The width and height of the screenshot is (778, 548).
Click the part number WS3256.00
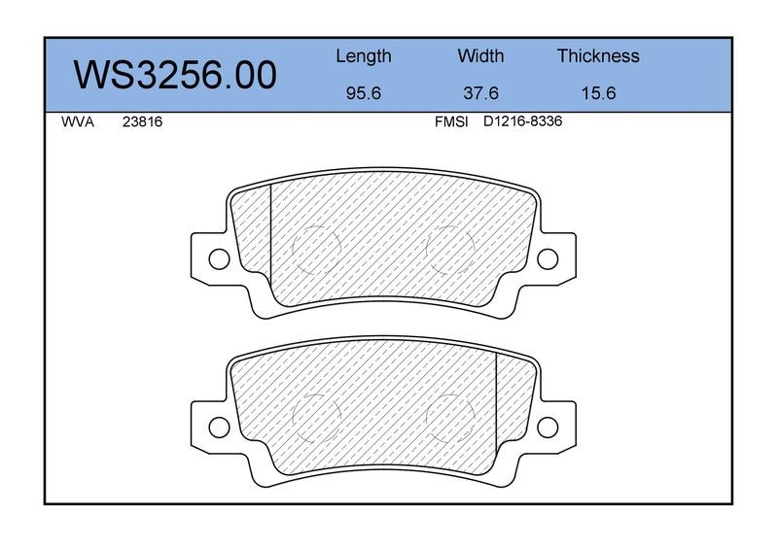click(x=175, y=75)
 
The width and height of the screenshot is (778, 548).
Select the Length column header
click(x=364, y=56)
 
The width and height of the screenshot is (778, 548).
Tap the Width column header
click(x=480, y=55)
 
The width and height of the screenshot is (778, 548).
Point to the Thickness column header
click(x=598, y=55)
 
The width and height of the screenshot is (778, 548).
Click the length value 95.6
click(x=363, y=93)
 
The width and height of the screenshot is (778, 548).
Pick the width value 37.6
click(x=480, y=93)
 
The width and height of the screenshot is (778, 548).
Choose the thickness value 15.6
click(x=598, y=93)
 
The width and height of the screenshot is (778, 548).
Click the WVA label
click(x=78, y=122)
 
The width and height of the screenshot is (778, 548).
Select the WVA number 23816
click(x=142, y=122)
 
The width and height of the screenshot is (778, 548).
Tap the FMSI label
click(x=451, y=122)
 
